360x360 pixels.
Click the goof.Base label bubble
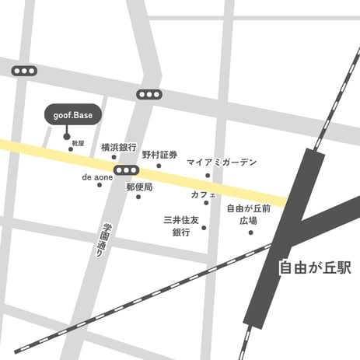coord(72,114)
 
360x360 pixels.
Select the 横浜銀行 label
coord(118,147)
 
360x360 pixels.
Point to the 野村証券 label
coord(159,155)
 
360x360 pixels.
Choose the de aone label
coord(97,177)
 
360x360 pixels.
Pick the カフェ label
coord(203,194)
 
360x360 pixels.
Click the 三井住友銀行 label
coord(181,226)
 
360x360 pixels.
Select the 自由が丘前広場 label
coord(249,214)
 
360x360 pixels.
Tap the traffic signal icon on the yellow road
coord(123,170)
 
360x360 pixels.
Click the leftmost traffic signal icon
coord(24,71)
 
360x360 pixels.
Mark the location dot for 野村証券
coord(159,165)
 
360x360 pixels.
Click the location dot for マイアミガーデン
coord(208,175)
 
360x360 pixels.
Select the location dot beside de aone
coord(100,185)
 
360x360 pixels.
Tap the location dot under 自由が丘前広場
coord(250,232)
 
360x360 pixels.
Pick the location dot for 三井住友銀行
coord(204,228)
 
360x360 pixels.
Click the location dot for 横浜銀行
coord(114,157)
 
